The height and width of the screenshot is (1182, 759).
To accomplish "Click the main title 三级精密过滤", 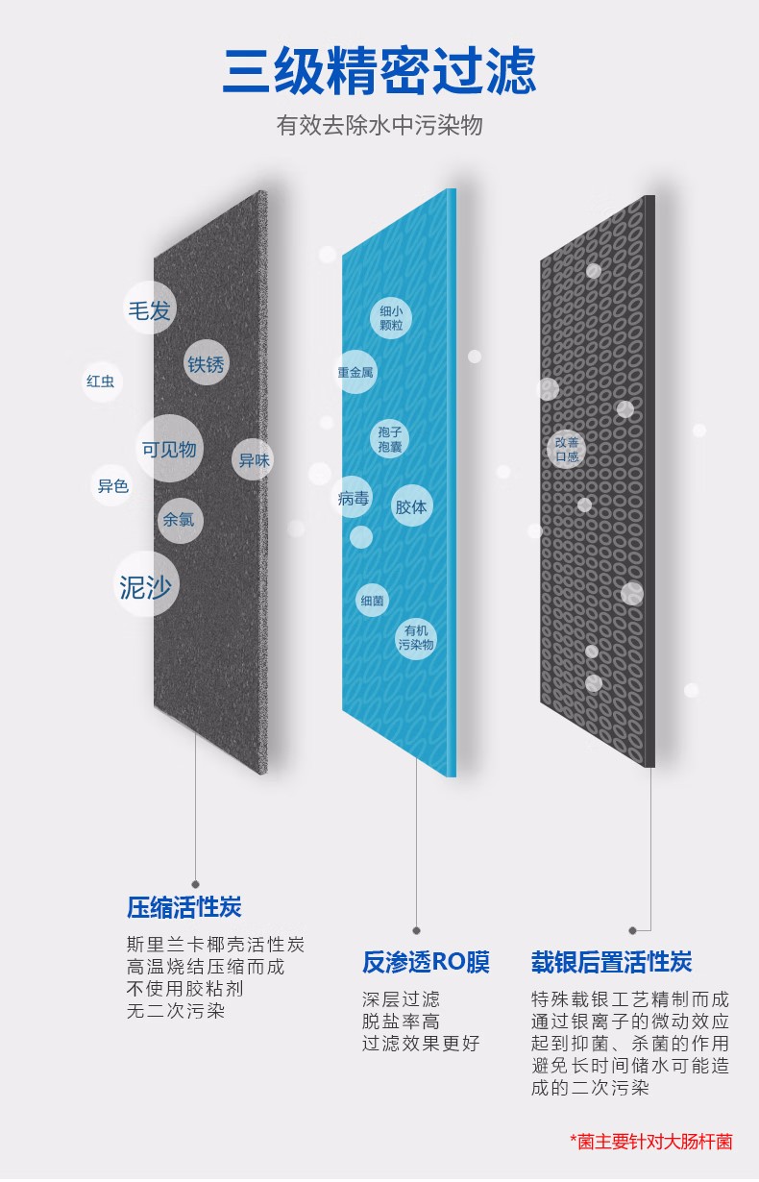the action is click(379, 71).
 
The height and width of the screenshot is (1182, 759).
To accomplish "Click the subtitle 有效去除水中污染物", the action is click(379, 126).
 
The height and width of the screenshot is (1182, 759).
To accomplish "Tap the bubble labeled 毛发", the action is click(149, 308).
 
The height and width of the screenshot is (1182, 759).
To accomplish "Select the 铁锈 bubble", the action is click(207, 362).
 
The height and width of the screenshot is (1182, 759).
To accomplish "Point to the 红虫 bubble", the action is click(101, 381).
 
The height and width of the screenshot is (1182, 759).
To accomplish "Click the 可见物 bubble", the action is click(169, 449).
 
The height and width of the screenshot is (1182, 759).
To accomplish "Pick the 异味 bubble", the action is click(254, 459).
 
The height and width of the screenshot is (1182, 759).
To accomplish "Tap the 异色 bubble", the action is click(112, 485).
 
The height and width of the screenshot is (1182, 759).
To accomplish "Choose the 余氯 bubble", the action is click(180, 520).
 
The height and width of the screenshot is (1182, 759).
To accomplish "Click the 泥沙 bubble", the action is click(147, 584).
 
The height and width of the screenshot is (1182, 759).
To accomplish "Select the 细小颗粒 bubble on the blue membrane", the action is click(391, 318).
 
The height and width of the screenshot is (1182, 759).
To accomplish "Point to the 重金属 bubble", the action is click(356, 372).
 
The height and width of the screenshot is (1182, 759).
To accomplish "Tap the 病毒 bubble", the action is click(353, 497).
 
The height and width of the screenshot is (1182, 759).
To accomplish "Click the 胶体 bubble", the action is click(411, 506).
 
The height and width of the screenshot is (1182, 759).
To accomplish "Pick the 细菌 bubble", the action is click(372, 600).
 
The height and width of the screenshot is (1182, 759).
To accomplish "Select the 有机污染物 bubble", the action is click(416, 638).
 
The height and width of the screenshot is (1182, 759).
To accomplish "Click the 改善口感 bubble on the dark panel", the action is click(567, 449).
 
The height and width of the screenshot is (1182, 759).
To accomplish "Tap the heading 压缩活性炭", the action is click(184, 907).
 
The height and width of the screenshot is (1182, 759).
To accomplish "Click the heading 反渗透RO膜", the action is click(426, 962).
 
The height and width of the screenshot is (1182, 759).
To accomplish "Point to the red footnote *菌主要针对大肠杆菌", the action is click(650, 1142).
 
